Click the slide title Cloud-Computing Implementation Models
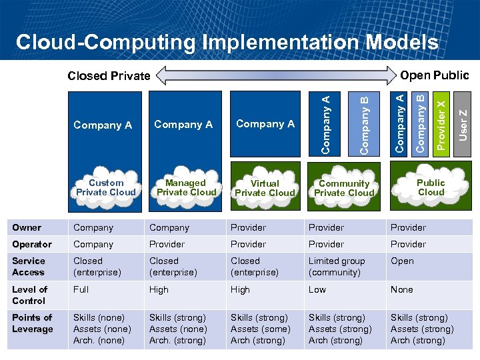(x=227, y=43)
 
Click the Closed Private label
(x=109, y=75)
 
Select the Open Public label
(x=433, y=75)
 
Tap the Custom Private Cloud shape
(x=106, y=187)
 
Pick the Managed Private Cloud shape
(x=185, y=187)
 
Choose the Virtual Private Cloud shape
(x=265, y=188)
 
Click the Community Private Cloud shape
(x=344, y=188)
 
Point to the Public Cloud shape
(x=431, y=187)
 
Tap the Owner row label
(x=27, y=227)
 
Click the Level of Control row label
(x=30, y=295)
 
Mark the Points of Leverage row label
(x=33, y=323)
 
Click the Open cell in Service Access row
(x=402, y=261)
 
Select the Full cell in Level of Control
(x=81, y=289)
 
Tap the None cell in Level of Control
(x=402, y=289)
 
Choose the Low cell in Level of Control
(x=317, y=289)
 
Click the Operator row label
(x=32, y=244)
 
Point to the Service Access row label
(x=29, y=267)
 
